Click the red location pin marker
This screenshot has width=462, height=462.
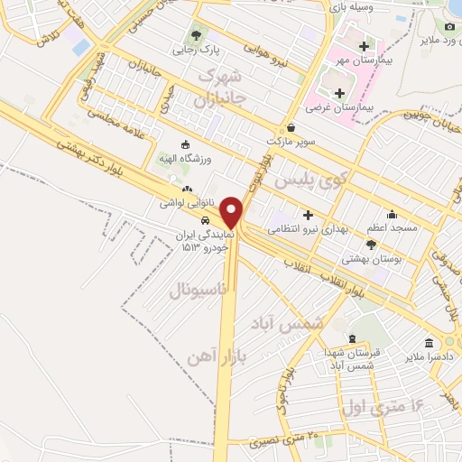(233, 211)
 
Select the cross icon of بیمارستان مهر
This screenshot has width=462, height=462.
(364, 45)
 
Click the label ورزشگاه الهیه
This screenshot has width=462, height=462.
(187, 159)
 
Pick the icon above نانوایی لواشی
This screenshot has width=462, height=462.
(186, 189)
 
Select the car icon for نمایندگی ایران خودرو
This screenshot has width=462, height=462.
(206, 219)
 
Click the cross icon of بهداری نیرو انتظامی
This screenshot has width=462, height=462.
(309, 215)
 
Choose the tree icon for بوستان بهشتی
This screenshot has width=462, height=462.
(371, 245)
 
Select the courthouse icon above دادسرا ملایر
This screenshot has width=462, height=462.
(428, 343)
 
